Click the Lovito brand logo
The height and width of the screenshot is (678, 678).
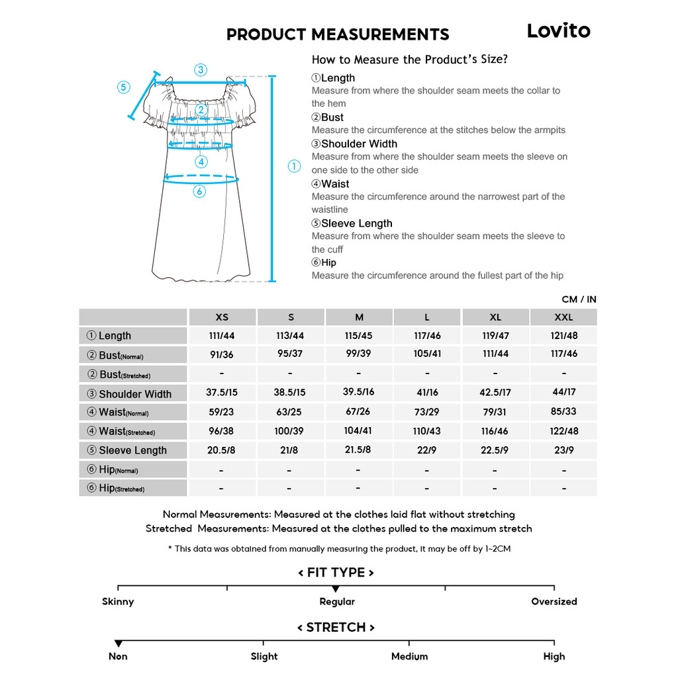[558, 31]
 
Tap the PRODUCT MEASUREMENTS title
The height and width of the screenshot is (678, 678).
[338, 34]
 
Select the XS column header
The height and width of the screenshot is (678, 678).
[222, 317]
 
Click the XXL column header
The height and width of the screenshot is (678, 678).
[563, 317]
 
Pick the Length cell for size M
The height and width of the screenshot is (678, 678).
[358, 336]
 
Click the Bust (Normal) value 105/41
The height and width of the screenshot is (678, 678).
[427, 354]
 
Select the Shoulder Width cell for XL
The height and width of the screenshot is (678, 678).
[495, 392]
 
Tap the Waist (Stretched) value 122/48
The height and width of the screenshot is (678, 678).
[564, 431]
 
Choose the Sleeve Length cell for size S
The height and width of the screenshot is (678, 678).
[289, 450]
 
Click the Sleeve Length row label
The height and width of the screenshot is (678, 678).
[132, 450]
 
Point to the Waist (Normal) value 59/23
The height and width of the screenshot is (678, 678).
[221, 412]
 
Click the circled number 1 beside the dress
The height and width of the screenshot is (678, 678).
[295, 166]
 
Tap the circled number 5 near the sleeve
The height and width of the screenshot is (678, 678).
[124, 87]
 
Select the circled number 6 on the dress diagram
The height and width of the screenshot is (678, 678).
[200, 191]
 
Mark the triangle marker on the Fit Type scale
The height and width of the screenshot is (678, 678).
[336, 589]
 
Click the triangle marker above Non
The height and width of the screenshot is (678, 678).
[118, 644]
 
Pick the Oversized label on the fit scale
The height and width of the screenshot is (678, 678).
[554, 601]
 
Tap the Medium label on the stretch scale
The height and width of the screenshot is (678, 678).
[409, 656]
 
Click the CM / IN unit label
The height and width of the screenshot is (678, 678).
[579, 299]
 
